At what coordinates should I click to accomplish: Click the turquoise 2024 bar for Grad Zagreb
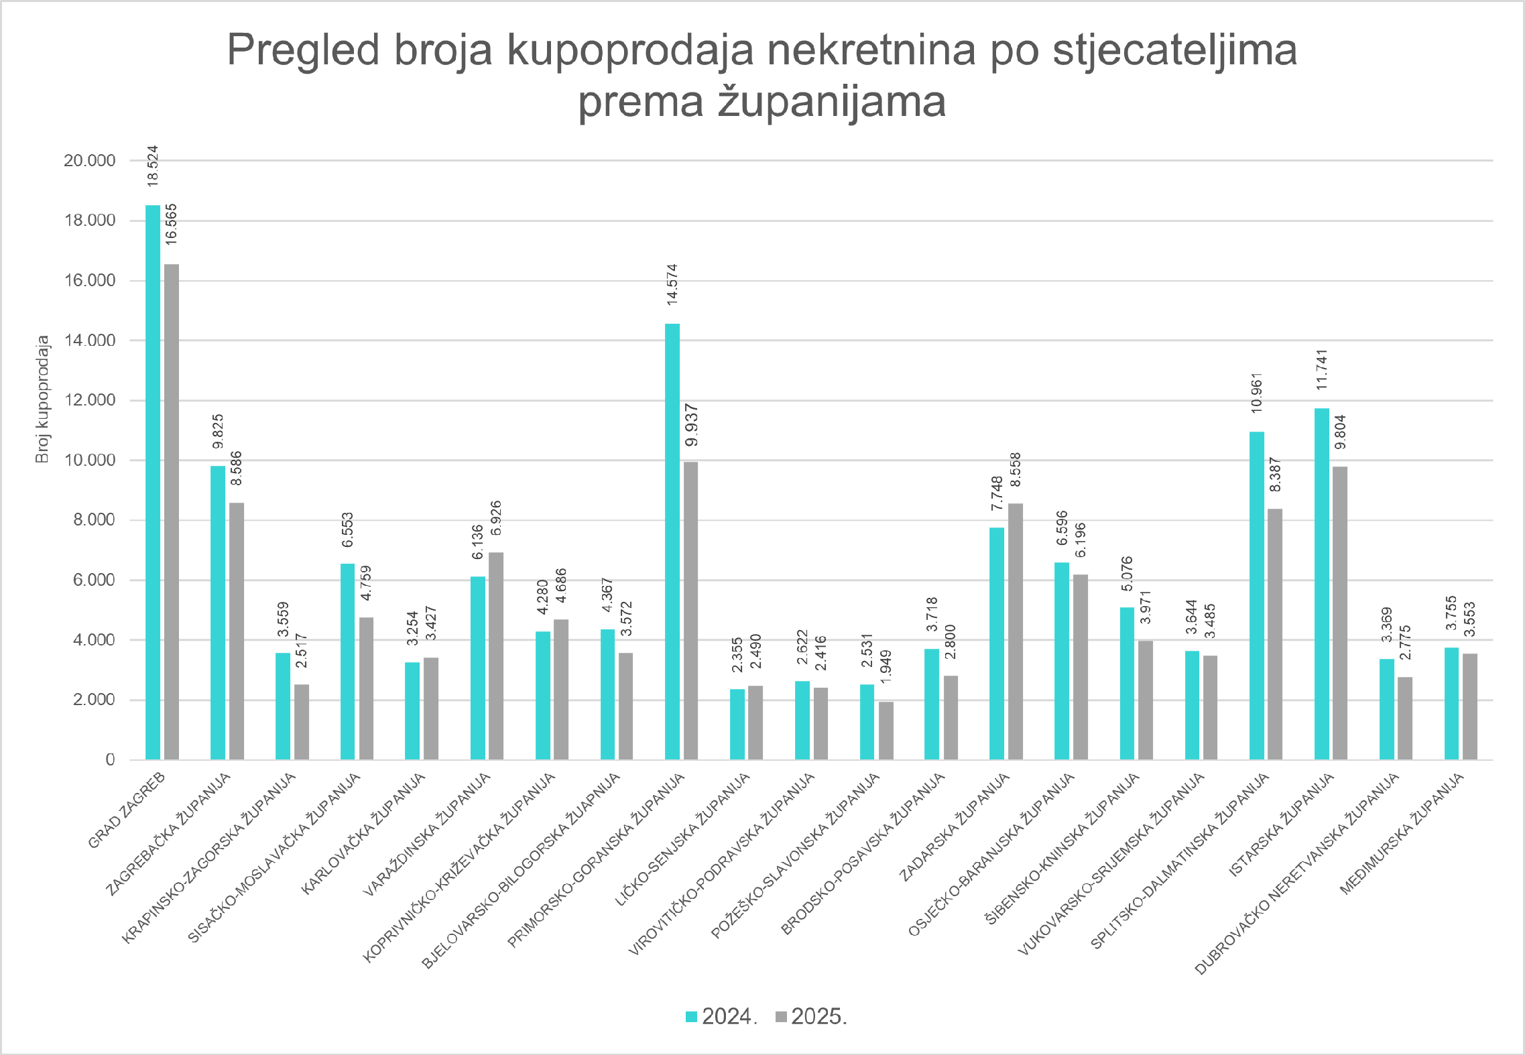(x=153, y=483)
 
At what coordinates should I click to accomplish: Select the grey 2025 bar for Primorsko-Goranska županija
(x=690, y=610)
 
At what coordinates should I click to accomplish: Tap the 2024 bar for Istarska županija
(x=1321, y=583)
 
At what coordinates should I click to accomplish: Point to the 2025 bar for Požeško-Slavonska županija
(x=886, y=731)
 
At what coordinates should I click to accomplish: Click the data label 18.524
(x=153, y=166)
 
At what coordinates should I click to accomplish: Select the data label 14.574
(x=672, y=285)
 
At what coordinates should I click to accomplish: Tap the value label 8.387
(x=1275, y=475)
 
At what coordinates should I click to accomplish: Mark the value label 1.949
(x=886, y=667)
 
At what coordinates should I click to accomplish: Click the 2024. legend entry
(x=721, y=1017)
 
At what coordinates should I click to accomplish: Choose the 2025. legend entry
(x=811, y=1017)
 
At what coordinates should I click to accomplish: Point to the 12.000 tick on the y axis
(x=90, y=400)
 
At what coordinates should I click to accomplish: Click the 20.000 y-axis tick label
(x=90, y=161)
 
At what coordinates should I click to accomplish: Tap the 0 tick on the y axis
(x=110, y=759)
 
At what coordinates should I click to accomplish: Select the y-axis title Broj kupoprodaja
(x=43, y=399)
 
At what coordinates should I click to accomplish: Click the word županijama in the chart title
(x=831, y=102)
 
